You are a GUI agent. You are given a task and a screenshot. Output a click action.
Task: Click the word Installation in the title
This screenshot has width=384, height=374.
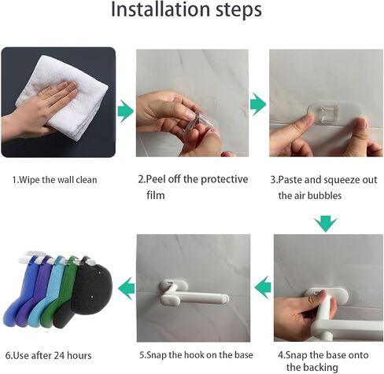(161, 9)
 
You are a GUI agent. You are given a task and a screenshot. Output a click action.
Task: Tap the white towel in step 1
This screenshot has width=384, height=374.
(63, 100)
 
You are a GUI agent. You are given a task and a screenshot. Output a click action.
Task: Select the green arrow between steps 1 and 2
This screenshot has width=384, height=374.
(126, 111)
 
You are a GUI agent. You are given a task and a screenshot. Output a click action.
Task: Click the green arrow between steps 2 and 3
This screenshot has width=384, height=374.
(258, 104)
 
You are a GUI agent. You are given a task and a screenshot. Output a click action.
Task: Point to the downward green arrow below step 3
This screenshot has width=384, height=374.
(326, 224)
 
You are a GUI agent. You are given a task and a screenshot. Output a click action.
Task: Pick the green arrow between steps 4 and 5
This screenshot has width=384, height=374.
(263, 288)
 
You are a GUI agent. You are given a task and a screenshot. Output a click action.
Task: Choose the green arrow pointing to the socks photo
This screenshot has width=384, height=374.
(127, 288)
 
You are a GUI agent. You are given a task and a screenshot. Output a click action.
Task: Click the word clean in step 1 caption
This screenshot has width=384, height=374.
(87, 180)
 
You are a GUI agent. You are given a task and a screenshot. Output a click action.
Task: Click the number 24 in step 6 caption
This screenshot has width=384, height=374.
(59, 355)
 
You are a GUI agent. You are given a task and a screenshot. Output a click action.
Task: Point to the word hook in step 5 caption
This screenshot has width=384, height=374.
(194, 355)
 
